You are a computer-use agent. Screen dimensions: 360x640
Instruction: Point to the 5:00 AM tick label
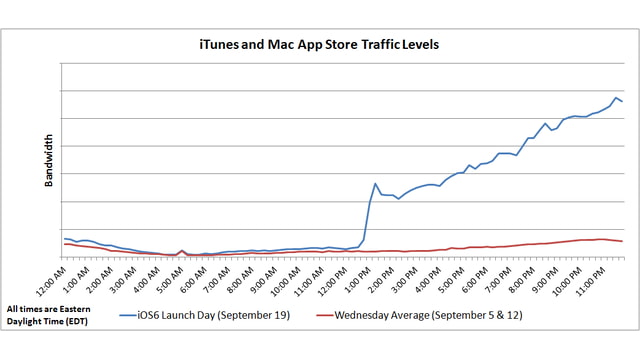(x=169, y=277)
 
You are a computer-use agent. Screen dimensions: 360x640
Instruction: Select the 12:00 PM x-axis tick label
(x=333, y=277)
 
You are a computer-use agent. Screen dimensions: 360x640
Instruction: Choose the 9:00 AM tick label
(x=263, y=277)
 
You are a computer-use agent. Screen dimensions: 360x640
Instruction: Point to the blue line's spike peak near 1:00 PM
(x=375, y=183)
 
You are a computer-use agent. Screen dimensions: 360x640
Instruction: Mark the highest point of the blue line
(x=616, y=97)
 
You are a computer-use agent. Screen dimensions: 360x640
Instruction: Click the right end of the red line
(x=622, y=241)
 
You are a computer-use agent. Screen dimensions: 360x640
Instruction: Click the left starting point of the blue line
(x=63, y=238)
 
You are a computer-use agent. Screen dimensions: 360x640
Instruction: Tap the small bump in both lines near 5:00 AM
(x=181, y=251)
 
